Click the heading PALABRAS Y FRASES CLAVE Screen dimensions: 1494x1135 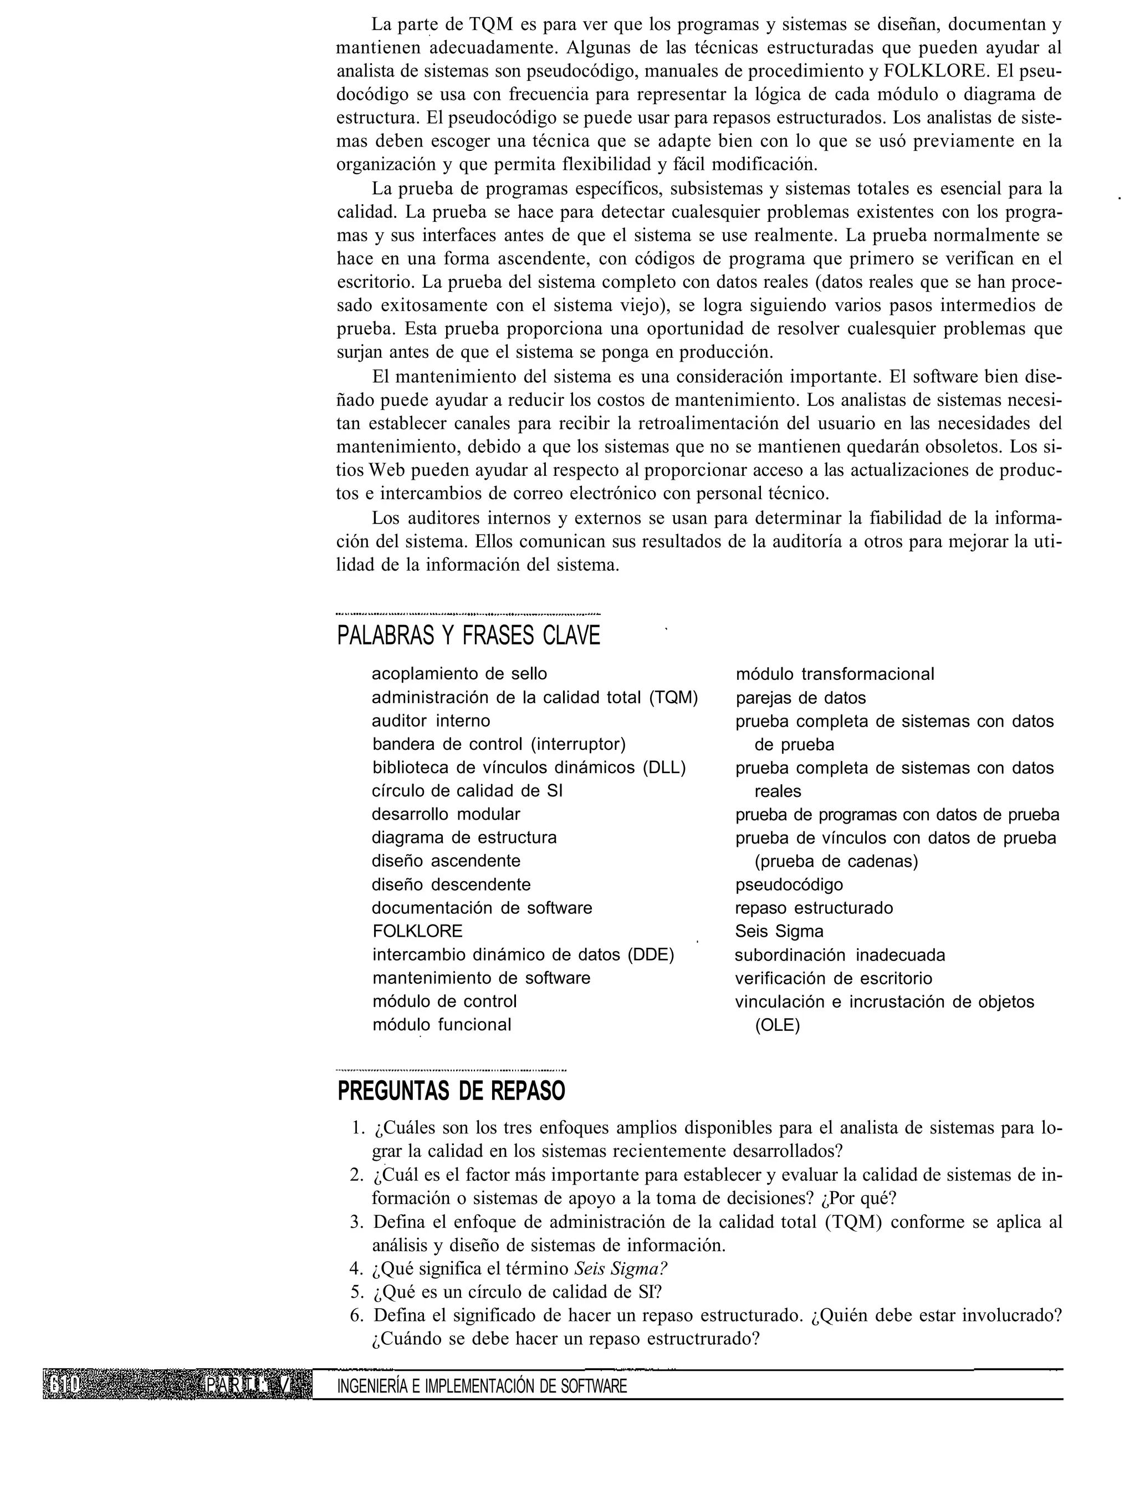(468, 636)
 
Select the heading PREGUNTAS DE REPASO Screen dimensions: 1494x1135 (451, 1091)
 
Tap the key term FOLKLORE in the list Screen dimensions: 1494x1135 (417, 932)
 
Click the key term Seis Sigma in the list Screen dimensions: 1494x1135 (779, 932)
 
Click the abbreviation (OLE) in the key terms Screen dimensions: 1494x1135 (777, 1025)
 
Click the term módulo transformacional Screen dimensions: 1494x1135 (835, 674)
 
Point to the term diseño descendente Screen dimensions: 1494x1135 (451, 885)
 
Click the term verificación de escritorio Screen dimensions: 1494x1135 (833, 978)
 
